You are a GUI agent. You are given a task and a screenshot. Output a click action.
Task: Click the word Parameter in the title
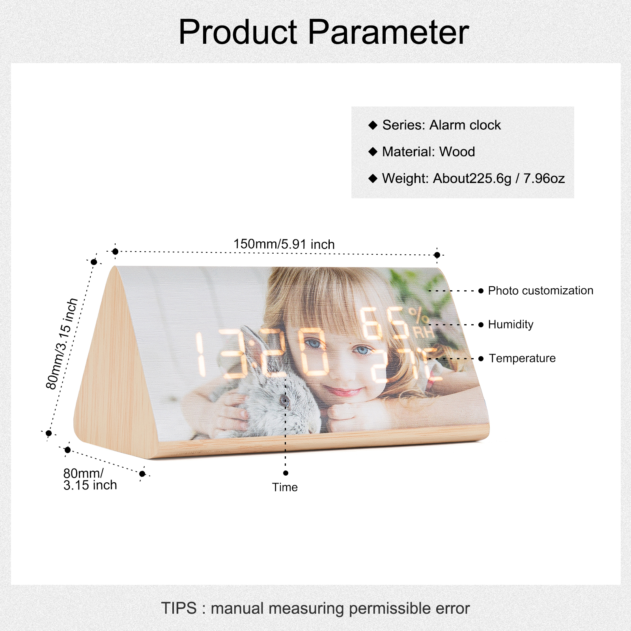[388, 32]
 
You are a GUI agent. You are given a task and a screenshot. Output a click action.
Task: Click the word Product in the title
[238, 32]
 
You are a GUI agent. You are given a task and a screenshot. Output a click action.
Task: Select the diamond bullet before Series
[373, 125]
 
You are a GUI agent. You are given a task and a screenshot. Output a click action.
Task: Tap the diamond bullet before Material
[373, 151]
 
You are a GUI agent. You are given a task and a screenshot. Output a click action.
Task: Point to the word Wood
[457, 151]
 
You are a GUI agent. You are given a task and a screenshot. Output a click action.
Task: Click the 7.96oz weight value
[544, 178]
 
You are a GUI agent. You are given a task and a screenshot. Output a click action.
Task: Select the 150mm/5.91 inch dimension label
[284, 244]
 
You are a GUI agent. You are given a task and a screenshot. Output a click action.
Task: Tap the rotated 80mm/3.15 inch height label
[62, 344]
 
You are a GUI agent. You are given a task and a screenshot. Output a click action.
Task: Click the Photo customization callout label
[540, 291]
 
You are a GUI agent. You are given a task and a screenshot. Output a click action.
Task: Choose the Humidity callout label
[511, 325]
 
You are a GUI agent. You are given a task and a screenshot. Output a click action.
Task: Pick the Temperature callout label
[522, 358]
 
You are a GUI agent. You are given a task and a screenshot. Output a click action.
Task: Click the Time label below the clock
[285, 487]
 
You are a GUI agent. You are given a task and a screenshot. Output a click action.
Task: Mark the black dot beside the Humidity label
[481, 325]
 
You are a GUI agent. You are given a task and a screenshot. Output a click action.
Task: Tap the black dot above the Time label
[286, 473]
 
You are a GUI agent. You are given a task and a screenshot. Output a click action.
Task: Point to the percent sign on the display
[418, 316]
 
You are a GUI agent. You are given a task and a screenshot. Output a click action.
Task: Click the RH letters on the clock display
[424, 332]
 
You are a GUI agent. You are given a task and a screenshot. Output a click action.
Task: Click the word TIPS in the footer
[179, 608]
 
